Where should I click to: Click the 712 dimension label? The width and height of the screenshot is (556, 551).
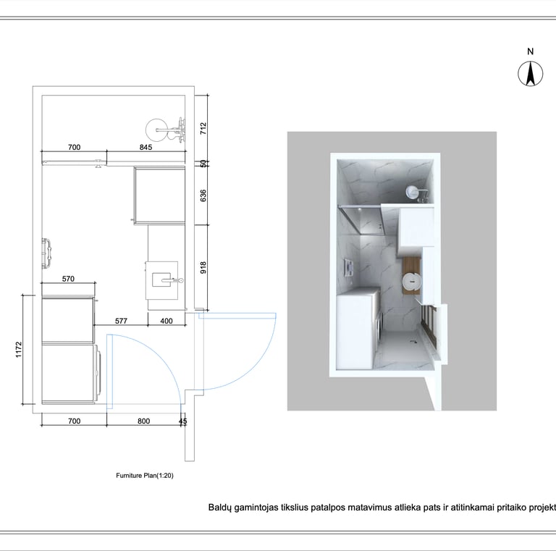pos(203,128)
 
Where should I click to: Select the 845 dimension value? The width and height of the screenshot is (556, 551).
pos(146,147)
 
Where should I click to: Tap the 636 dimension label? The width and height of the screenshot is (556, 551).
pos(203,195)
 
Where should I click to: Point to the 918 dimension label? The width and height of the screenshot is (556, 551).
pos(203,267)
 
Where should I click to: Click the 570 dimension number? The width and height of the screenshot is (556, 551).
pos(69,279)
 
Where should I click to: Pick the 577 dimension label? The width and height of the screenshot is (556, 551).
pos(121,321)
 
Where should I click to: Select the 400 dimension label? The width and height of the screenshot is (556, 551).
pos(167,321)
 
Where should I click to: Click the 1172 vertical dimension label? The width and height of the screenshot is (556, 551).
pos(19,349)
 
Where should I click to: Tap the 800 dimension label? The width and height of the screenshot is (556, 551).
pos(143,421)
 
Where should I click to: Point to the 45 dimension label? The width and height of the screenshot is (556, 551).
pos(183,421)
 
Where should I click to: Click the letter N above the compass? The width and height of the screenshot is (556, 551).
pos(531,51)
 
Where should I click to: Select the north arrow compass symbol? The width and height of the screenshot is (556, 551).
pos(531,74)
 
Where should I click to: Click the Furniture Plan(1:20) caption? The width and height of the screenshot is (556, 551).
pos(145,476)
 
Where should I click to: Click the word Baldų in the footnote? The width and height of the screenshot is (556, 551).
pos(219,508)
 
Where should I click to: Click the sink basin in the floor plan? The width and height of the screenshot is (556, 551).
pos(161,279)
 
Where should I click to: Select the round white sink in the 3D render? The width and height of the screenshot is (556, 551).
pos(411,282)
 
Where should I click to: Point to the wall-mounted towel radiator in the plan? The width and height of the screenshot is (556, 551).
pos(46,253)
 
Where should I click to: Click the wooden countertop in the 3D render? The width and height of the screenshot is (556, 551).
pos(411,275)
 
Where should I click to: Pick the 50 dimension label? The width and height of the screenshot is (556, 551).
pos(203,164)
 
